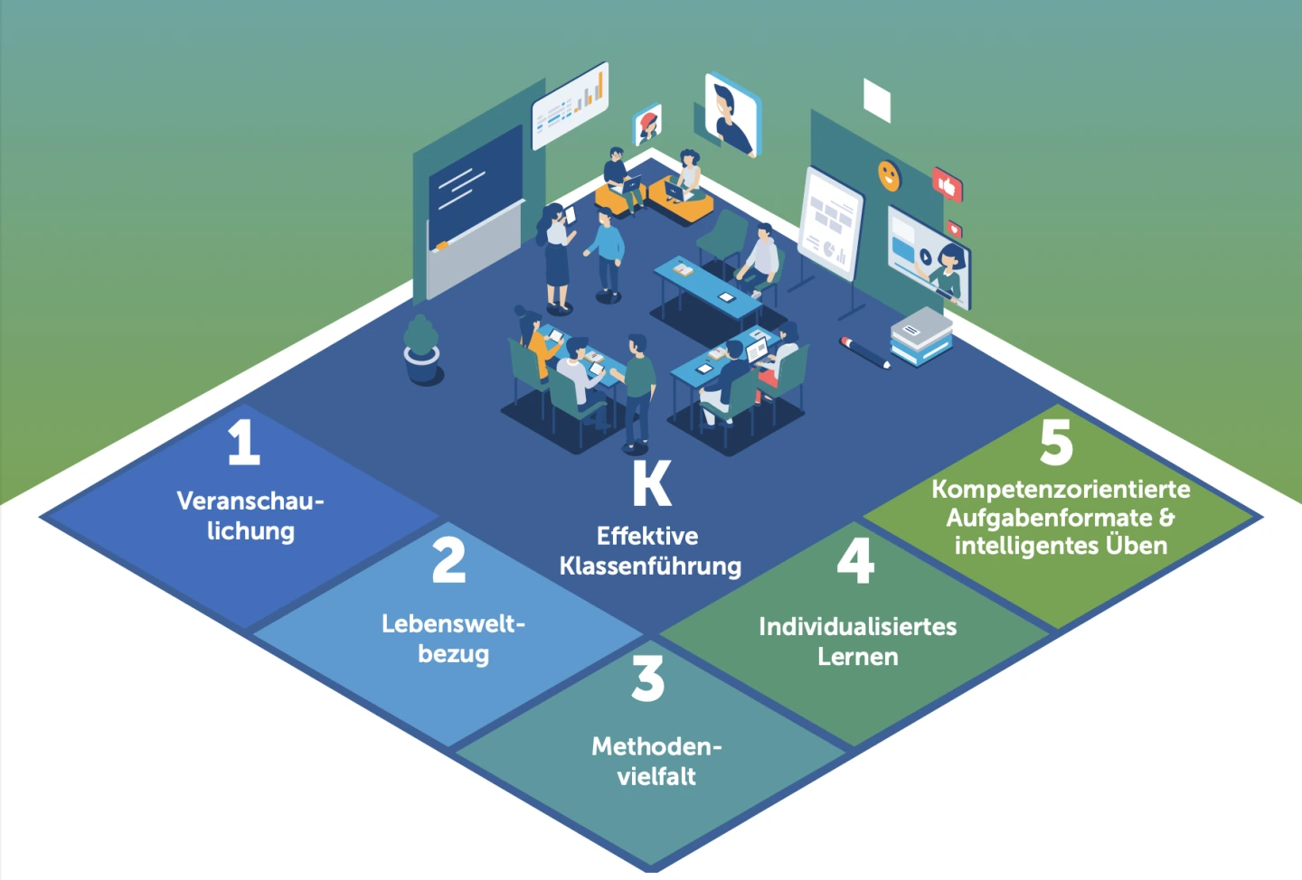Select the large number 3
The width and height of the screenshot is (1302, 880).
point(647,679)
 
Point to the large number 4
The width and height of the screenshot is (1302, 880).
point(855,560)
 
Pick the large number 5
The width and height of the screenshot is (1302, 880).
point(1056,442)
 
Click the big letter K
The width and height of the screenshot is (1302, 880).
point(651,484)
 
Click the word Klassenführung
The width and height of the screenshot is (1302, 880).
point(650,566)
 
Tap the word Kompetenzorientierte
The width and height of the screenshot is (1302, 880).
point(1061,489)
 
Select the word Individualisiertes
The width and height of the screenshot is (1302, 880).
point(857,626)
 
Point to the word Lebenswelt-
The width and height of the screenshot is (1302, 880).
point(453,623)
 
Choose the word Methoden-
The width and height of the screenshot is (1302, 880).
point(656,746)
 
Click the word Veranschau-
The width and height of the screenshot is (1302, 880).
point(250,501)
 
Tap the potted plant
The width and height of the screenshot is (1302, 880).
point(421,349)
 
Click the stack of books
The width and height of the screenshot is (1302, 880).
point(920,336)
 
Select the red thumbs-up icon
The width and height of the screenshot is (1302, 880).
point(947,185)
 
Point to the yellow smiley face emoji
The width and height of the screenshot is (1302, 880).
point(890,175)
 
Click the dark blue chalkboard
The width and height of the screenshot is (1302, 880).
point(475,192)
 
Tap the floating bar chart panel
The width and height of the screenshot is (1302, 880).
point(570,106)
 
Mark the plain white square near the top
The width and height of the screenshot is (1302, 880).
point(877,99)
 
